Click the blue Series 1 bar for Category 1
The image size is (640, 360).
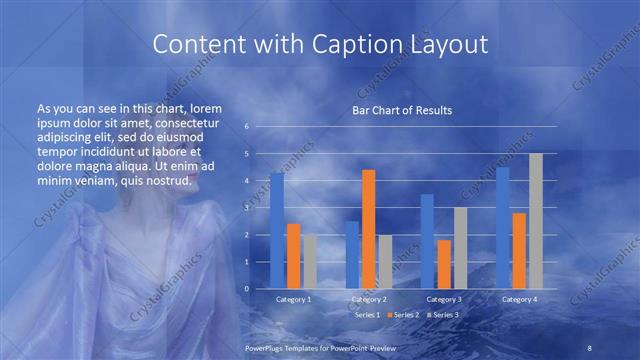click(x=277, y=231)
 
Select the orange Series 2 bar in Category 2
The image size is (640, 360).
click(x=368, y=229)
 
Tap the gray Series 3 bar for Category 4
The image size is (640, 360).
click(x=536, y=221)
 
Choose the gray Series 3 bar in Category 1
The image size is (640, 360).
click(x=309, y=261)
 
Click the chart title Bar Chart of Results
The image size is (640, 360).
click(x=403, y=110)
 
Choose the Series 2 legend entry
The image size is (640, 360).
click(x=405, y=314)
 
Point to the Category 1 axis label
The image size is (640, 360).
click(x=293, y=299)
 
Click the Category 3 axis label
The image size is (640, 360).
click(x=443, y=299)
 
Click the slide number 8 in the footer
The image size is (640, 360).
click(x=590, y=347)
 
